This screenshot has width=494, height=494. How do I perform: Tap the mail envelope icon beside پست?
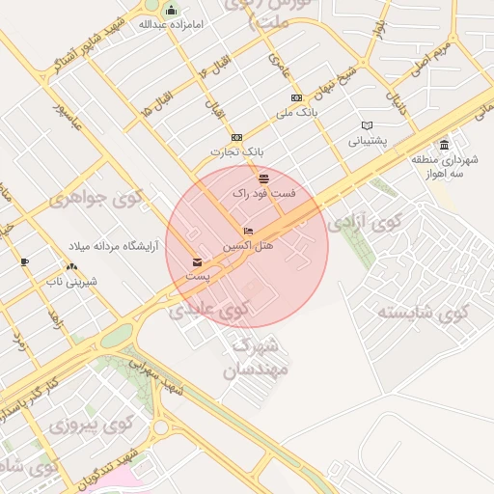(198, 261)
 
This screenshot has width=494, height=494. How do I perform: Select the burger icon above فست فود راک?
(263, 178)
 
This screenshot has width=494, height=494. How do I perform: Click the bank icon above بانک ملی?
(296, 97)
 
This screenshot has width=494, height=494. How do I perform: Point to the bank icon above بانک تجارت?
(236, 137)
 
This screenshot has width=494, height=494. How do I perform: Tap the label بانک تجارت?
(236, 152)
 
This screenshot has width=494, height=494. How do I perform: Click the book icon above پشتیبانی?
(367, 125)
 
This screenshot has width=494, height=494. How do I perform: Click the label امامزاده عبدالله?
(172, 23)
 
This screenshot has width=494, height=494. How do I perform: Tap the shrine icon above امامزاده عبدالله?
(172, 10)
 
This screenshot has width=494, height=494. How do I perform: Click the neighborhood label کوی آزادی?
(364, 223)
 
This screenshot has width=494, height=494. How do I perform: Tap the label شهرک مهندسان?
(250, 356)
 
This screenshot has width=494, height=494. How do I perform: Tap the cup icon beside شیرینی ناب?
(24, 261)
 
